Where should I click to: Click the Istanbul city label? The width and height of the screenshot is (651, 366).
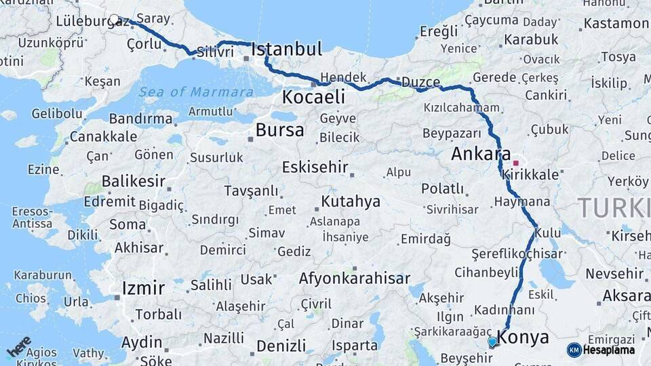coord(286,49)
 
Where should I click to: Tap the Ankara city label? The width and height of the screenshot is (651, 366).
coord(481,155)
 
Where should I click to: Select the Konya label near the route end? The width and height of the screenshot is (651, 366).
coord(523,337)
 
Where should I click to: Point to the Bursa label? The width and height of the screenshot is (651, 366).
coord(279,130)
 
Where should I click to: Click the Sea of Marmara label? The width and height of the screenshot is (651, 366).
coord(196,92)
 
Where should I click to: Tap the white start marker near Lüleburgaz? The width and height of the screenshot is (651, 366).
coord(114,20)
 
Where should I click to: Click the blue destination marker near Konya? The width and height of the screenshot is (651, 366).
coord(492,342)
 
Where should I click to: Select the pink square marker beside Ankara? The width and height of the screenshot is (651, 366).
coord(515,163)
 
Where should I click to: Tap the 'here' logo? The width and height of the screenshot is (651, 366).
coord(19,345)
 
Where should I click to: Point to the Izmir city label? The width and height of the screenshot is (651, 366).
coord(143,288)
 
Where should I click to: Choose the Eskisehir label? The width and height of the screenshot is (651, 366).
coord(315,167)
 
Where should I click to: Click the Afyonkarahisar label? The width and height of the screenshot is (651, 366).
coord(355,279)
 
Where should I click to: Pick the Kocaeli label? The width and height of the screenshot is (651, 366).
coord(313,97)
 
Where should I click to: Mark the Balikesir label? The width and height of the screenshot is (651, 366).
coord(134,182)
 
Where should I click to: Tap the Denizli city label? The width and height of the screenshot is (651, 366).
coord(281,346)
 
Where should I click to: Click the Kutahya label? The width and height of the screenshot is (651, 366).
coord(351,201)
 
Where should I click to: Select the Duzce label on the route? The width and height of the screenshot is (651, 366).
coord(420,82)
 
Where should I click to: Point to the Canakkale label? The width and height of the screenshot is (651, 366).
coord(103,137)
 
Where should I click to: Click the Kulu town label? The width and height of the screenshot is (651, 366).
coord(548,233)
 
